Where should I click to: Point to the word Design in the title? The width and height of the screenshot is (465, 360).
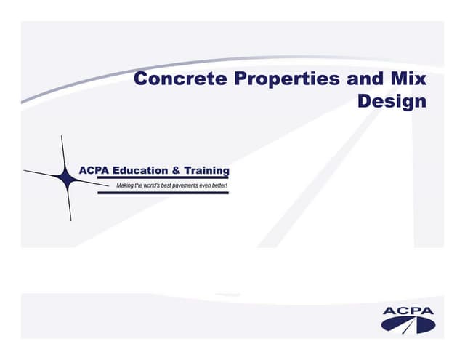coord(392,101)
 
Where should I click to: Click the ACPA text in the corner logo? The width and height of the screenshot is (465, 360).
coord(408,312)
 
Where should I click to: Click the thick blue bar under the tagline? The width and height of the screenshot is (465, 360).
coord(173,193)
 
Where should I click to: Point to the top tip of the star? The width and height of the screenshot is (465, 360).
coord(62,137)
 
